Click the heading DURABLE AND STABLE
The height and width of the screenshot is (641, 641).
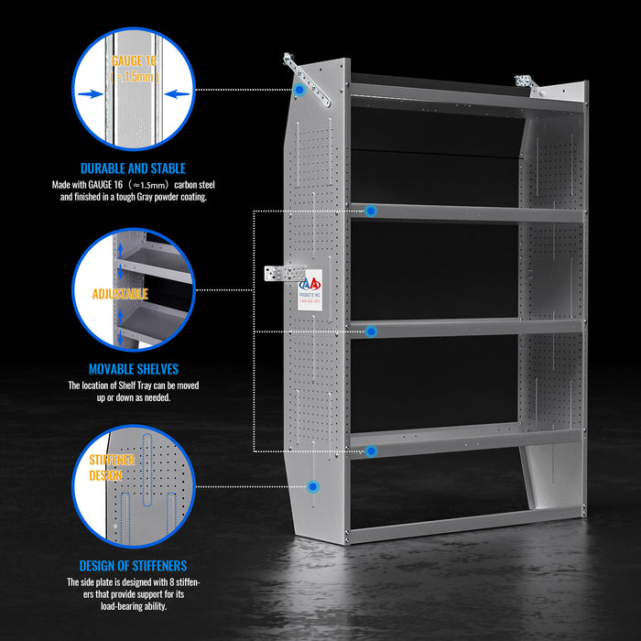click(133, 168)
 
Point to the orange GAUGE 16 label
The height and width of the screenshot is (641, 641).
click(134, 60)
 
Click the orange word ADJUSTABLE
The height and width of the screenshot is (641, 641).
click(120, 294)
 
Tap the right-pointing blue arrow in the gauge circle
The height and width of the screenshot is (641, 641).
click(89, 92)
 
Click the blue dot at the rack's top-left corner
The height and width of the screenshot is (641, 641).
click(299, 92)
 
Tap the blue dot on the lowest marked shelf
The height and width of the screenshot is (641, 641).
click(371, 451)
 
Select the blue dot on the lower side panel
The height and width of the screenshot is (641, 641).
click(313, 488)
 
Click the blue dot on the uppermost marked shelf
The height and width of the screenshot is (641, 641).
click(371, 211)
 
